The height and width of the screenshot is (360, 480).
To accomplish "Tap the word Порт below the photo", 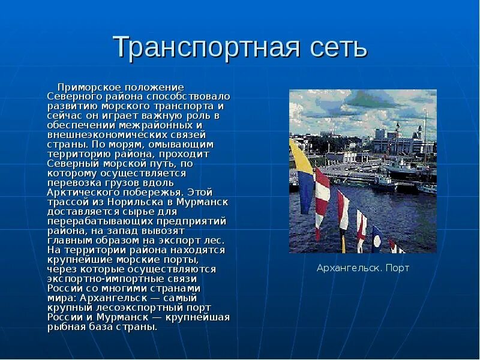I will point(397,268).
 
